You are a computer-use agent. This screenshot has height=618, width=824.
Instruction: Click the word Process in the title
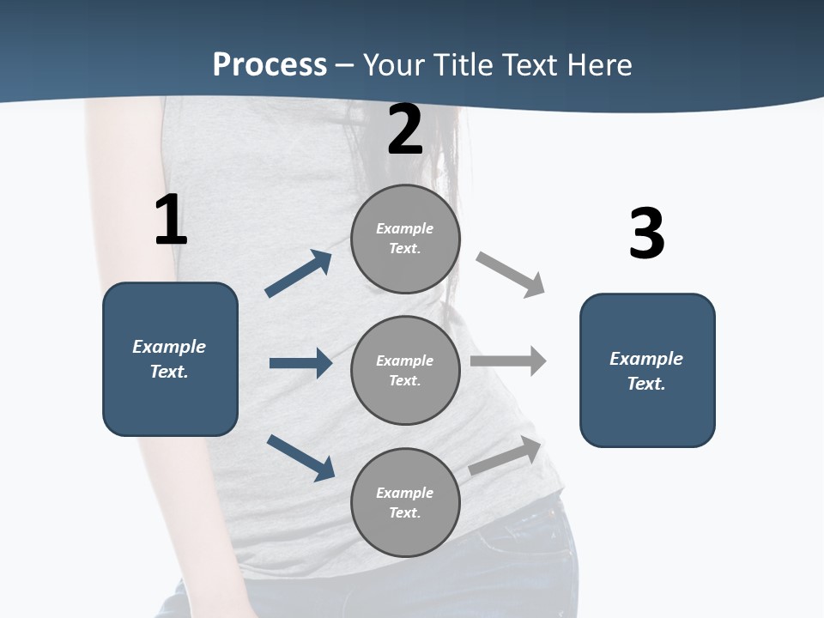click(270, 65)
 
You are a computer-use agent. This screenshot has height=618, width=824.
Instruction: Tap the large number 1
click(171, 221)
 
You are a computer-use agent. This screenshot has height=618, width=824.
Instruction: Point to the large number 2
click(405, 130)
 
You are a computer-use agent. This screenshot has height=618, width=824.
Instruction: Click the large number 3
click(646, 234)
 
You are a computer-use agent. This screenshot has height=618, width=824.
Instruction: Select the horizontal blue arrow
click(300, 363)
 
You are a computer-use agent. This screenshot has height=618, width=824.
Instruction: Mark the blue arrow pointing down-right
click(300, 457)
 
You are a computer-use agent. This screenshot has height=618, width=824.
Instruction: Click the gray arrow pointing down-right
click(511, 275)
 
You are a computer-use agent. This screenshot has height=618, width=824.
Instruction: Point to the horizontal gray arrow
click(508, 360)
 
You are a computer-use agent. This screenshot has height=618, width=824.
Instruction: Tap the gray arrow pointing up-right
click(506, 456)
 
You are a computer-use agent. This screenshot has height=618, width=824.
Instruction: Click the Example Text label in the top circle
click(405, 239)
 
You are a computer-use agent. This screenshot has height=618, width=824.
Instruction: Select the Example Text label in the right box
click(646, 371)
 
